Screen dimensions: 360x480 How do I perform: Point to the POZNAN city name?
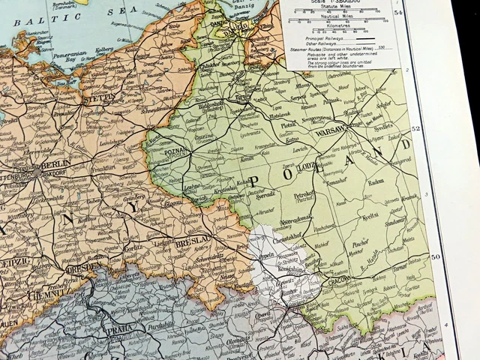[x=183, y=148]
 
